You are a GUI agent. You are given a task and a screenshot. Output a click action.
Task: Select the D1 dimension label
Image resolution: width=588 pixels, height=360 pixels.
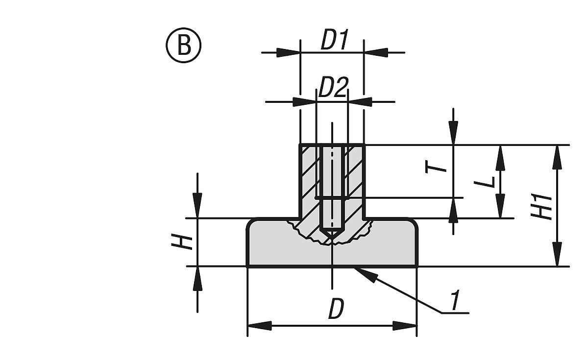click(334, 41)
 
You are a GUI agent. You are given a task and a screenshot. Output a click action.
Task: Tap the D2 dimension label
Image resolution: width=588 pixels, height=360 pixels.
click(333, 89)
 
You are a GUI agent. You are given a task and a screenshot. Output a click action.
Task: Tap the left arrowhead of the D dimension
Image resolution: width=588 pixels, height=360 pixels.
click(259, 326)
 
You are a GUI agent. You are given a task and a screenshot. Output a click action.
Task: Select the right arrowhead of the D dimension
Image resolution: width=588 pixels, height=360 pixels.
click(405, 326)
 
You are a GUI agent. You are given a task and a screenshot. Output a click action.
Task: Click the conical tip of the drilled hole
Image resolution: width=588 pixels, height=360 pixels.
click(332, 235)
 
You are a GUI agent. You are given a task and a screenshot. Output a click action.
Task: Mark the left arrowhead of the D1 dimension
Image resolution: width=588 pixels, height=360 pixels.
click(288, 52)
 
